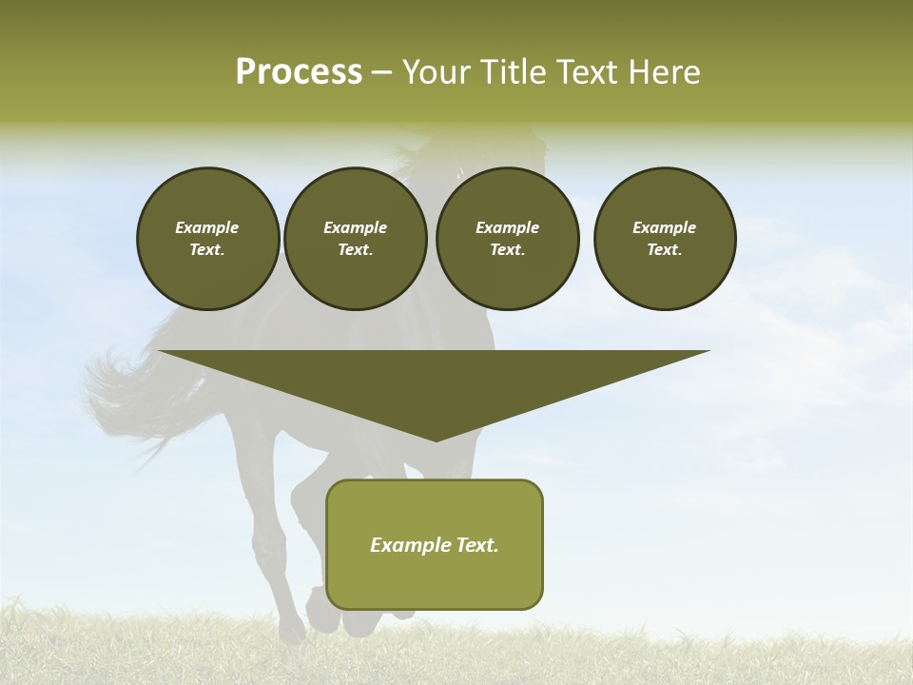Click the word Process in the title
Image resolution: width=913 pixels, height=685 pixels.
point(299,72)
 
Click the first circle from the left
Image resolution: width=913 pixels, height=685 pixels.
point(207,239)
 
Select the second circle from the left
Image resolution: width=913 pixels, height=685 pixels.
point(355,239)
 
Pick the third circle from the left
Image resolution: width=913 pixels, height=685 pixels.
point(507,239)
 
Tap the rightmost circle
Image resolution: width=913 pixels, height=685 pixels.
point(665,239)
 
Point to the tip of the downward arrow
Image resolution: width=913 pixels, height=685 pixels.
point(436,439)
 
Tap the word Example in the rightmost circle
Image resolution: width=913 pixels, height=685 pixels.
point(665,227)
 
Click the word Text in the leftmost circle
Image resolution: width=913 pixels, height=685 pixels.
point(206,250)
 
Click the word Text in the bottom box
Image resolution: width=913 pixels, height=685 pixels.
point(476,545)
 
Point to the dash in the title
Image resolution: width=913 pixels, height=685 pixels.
point(381,72)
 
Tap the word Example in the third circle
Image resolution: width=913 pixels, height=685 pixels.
point(507,227)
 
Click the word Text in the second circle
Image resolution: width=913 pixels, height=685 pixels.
point(354,250)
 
